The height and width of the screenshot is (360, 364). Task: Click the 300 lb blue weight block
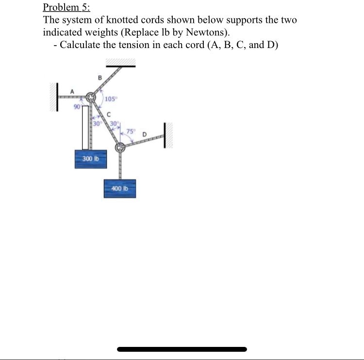coord(91,159)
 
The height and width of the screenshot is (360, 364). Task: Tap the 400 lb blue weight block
coord(120,188)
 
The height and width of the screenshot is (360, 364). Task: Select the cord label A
coord(73,90)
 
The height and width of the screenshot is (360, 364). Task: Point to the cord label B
coord(99,77)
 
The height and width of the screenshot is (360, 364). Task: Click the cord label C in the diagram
coord(110,115)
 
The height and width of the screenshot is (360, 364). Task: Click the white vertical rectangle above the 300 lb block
coord(85,127)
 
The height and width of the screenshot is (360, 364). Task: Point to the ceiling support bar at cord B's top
coord(119,63)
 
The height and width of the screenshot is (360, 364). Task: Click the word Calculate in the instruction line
coord(83,46)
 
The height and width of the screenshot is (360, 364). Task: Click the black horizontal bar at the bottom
coord(182,349)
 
